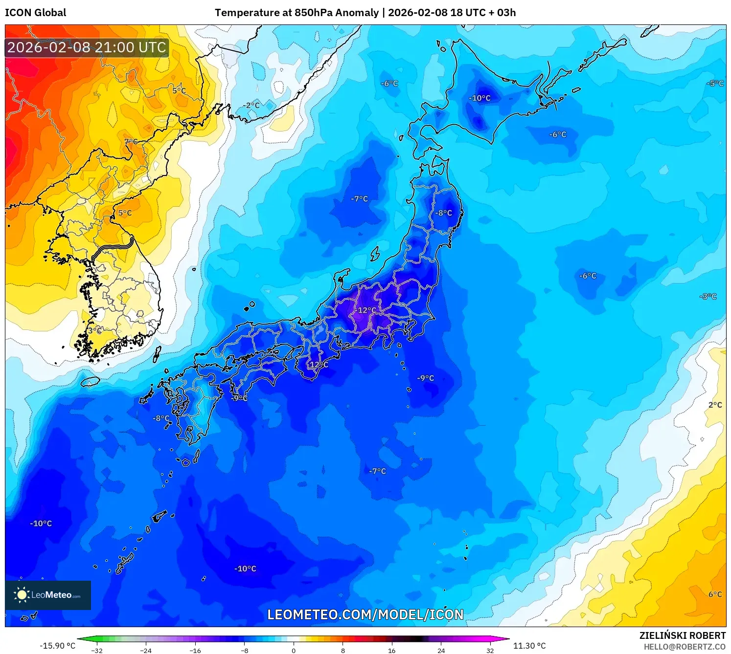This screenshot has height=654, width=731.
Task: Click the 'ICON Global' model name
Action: (36, 13)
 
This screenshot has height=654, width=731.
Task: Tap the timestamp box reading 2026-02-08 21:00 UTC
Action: (87, 48)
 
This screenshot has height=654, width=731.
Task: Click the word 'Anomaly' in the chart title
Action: (356, 13)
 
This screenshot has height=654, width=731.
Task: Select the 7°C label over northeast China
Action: (131, 142)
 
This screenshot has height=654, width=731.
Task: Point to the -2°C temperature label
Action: (251, 105)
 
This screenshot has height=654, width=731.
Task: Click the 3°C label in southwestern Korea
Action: (95, 330)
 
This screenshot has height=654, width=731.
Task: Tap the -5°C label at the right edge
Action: (715, 84)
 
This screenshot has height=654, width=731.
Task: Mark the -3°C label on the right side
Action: (708, 296)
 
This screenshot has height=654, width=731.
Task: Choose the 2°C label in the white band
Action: (715, 405)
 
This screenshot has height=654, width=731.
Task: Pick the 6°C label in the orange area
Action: (715, 594)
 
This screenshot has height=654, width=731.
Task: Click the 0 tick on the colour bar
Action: (294, 650)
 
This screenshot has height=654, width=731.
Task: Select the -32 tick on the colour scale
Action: (97, 650)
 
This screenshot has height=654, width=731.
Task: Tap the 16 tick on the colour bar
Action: (391, 650)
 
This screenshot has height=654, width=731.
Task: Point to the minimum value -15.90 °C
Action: (57, 646)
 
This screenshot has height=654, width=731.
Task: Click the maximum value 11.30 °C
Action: (529, 646)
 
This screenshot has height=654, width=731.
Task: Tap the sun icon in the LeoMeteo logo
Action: (22, 595)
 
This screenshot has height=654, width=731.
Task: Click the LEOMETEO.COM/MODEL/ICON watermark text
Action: (365, 614)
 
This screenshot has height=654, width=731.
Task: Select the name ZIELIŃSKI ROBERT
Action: (683, 635)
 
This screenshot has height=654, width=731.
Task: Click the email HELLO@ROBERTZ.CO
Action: (685, 647)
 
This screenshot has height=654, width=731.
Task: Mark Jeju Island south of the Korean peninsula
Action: (91, 381)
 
